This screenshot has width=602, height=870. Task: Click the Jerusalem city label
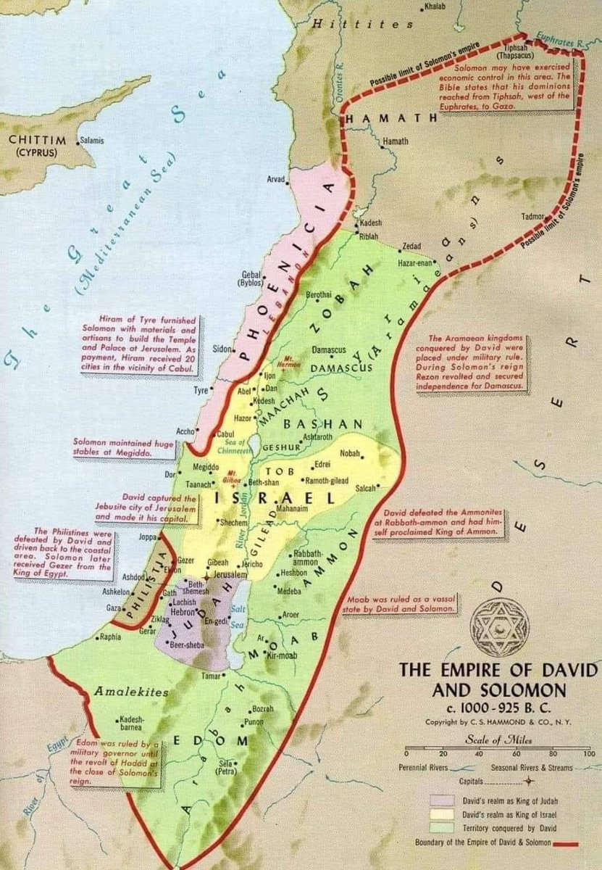point(231,573)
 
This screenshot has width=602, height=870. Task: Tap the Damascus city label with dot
point(328,350)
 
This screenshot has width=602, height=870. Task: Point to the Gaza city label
point(112,608)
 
